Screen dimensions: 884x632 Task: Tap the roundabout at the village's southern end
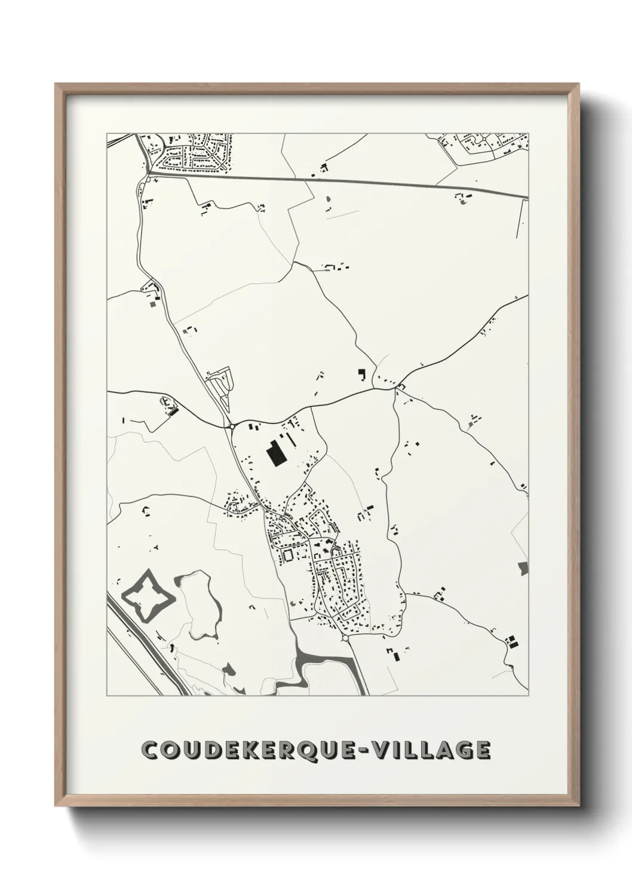click(345, 639)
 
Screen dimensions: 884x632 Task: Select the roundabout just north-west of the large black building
click(231, 426)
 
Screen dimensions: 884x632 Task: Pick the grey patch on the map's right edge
click(524, 567)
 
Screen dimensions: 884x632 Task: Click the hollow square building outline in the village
click(289, 555)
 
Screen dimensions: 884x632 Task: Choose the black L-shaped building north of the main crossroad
click(361, 374)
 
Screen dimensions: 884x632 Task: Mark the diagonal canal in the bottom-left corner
click(146, 645)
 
